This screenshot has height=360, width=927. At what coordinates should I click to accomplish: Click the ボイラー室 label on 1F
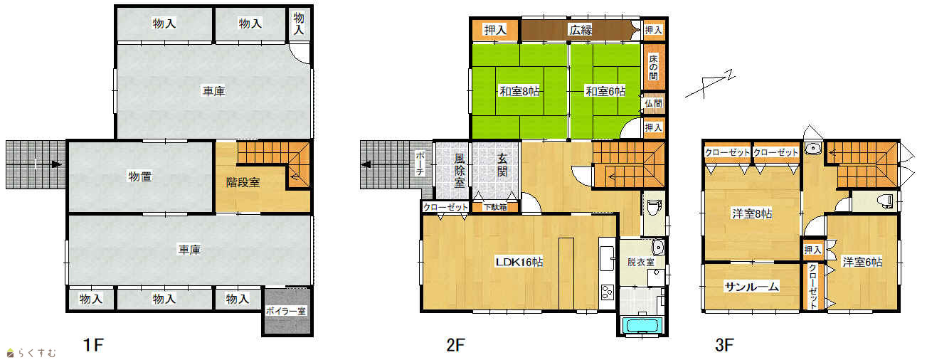(285, 311)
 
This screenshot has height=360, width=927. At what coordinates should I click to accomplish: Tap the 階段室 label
(243, 182)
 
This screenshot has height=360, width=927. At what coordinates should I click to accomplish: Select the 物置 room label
(140, 176)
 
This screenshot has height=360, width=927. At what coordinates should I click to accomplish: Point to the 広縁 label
(581, 30)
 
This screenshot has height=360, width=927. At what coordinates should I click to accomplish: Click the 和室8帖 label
(519, 91)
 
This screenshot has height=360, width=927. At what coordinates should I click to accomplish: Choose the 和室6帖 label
(605, 91)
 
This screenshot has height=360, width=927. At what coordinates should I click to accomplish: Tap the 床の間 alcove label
(653, 68)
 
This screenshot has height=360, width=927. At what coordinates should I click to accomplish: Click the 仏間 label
(653, 103)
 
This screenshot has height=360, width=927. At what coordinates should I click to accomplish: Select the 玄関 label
(502, 165)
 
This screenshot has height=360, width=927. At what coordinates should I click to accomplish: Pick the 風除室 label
(460, 171)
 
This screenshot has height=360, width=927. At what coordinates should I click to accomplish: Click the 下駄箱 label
(495, 207)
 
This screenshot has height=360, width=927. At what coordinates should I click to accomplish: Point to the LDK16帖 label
(519, 262)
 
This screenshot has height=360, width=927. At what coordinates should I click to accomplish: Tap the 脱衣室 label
(640, 263)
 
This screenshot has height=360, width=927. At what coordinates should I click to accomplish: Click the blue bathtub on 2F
(642, 325)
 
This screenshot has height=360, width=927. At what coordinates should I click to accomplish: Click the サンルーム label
(752, 287)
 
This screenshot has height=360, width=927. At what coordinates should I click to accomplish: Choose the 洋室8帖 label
(752, 214)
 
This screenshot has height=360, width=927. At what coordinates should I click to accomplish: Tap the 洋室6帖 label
(862, 262)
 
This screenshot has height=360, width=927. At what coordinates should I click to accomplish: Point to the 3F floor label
(724, 344)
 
